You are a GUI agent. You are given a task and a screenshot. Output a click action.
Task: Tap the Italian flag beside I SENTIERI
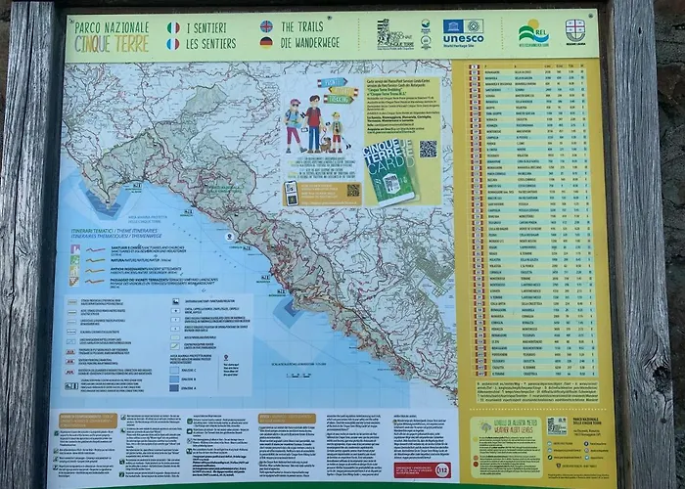pos(173,27)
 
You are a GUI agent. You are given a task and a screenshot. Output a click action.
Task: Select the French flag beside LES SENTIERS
pos(173,44)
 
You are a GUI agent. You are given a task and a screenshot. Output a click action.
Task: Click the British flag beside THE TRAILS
pos(266,27)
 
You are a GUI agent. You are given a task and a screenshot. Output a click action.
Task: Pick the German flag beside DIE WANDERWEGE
pos(266,43)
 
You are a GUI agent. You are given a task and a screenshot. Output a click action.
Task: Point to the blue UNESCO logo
pos(463,32)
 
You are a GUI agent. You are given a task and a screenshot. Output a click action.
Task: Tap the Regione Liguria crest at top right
pos(575,29)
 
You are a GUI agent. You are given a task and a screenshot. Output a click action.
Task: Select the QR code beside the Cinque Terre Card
pos(428,149)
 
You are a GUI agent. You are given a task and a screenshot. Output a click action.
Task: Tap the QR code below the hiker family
pos(352,189)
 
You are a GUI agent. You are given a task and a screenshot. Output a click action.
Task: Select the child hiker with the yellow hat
pos(336,130)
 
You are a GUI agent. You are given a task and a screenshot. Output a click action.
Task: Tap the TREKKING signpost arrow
pos(342,93)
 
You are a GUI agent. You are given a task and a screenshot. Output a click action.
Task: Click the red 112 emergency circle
pos(442,470)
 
